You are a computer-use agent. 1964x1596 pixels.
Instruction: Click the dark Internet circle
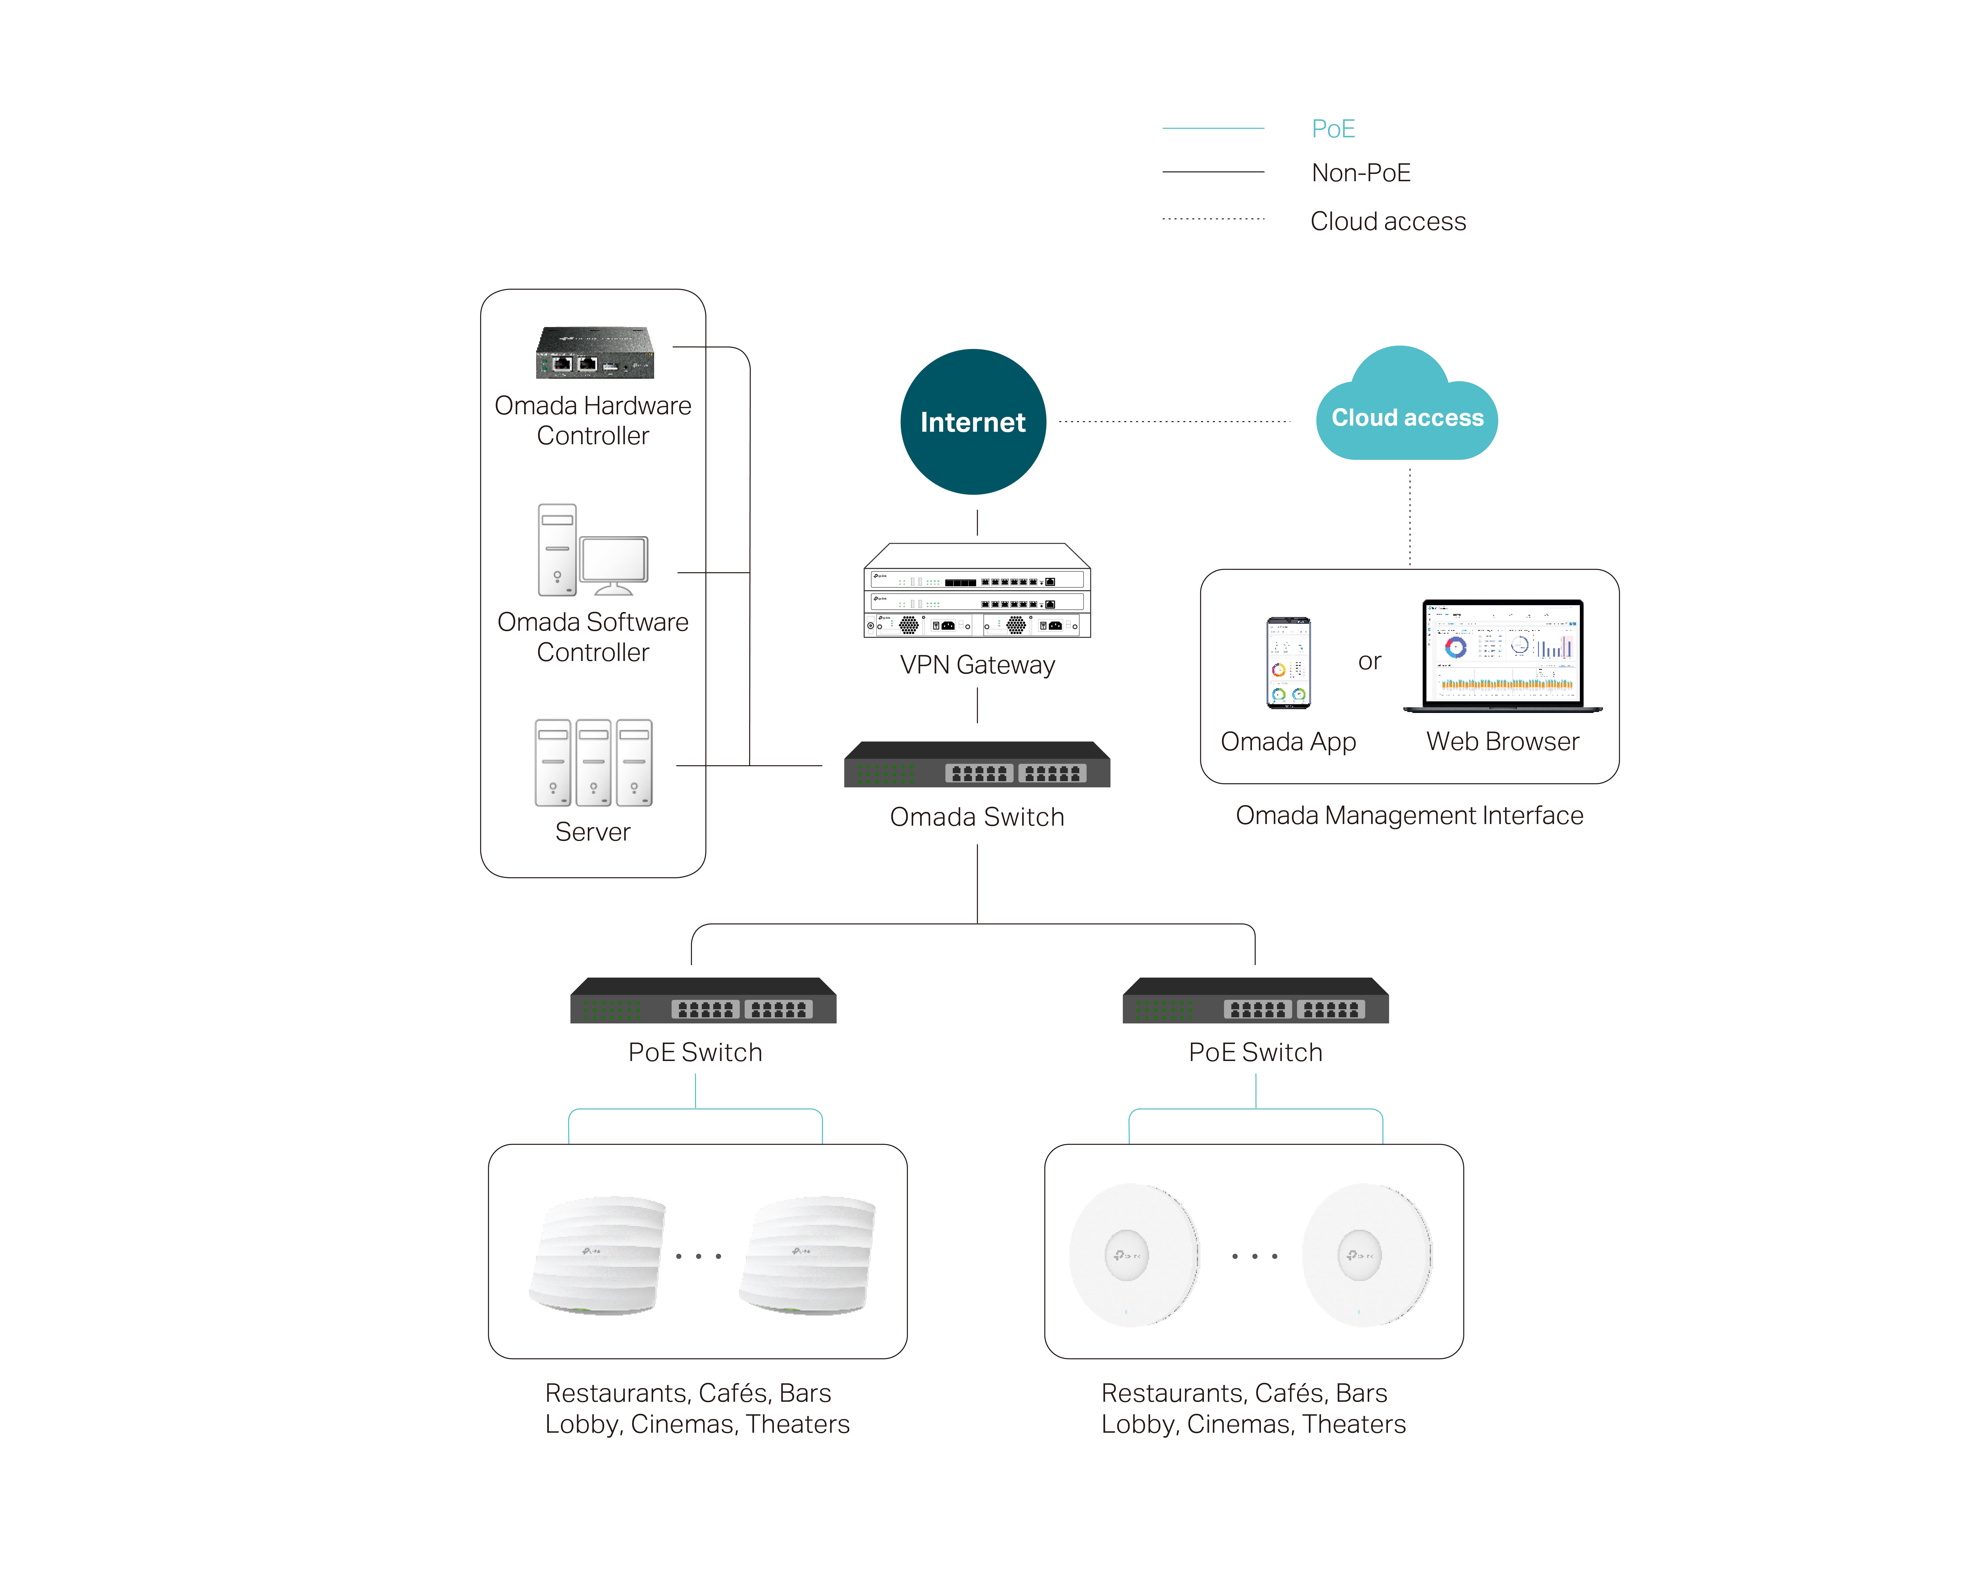(973, 422)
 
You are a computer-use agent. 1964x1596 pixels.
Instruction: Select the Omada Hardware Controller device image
(595, 353)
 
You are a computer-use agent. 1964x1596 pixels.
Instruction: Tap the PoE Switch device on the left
(703, 1001)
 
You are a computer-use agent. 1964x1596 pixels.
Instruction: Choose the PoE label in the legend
(1333, 129)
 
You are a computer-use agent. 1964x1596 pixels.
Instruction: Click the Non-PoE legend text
(1361, 173)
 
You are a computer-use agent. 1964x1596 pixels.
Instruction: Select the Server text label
(593, 832)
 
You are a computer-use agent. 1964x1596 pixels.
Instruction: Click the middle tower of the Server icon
(593, 763)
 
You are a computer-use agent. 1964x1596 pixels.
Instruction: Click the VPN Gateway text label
(978, 665)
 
